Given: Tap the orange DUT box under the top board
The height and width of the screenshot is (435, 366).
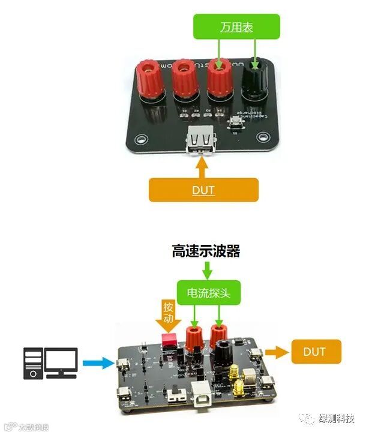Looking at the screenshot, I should coord(203,190).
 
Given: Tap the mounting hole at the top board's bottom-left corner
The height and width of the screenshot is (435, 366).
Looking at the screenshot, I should coord(142,140).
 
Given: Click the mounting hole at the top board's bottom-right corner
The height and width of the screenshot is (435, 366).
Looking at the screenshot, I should coord(262,141).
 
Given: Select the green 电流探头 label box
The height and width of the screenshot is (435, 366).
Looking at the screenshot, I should coord(206,293).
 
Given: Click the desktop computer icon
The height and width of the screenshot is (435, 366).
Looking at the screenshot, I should coord(50,363).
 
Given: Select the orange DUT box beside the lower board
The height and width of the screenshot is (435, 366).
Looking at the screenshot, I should coord(316,352).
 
